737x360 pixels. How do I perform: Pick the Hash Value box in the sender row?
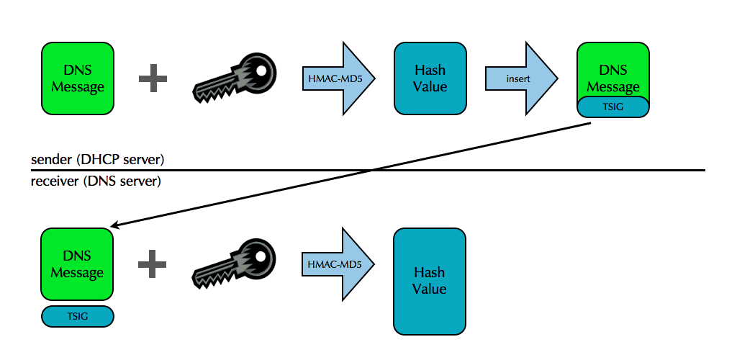[x=430, y=78]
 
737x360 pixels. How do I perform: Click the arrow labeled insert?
[x=520, y=78]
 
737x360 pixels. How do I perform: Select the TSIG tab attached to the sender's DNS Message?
[x=613, y=106]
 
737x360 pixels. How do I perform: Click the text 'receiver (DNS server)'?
[x=96, y=181]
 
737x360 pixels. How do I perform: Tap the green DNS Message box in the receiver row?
[x=77, y=264]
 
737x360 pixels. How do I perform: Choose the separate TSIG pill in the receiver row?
[x=78, y=315]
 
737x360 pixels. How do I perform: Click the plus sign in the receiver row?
[x=153, y=264]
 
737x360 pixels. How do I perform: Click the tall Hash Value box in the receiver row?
[x=430, y=281]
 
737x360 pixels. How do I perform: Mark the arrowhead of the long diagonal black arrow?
[x=115, y=226]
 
